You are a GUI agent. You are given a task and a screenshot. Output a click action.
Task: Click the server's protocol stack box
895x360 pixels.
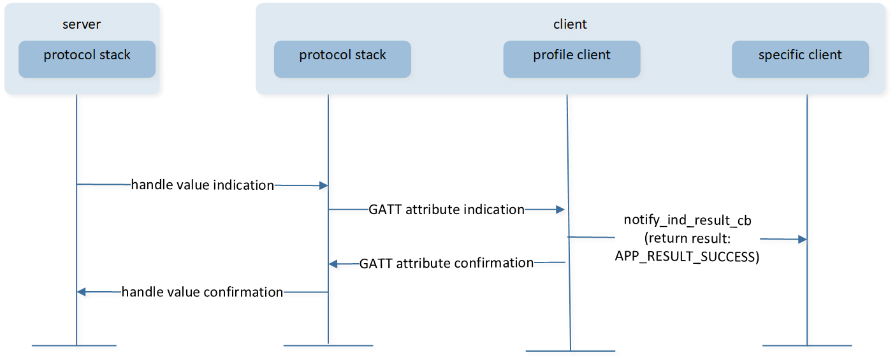[x=87, y=59]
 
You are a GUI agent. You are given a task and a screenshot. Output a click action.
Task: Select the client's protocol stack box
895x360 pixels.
[x=342, y=59]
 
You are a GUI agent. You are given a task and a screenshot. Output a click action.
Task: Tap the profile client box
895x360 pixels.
[x=572, y=59]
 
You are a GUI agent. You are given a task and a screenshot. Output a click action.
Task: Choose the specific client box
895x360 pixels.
[x=800, y=59]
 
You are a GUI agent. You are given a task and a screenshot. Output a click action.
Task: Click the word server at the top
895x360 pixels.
[x=82, y=24]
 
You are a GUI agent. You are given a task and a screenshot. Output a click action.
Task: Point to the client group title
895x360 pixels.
[x=570, y=24]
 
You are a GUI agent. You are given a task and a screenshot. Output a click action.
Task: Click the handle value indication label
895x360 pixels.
[x=203, y=185]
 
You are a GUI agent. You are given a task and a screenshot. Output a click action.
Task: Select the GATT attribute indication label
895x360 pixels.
[x=446, y=210]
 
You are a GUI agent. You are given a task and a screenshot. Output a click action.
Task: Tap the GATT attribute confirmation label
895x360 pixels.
[x=446, y=263]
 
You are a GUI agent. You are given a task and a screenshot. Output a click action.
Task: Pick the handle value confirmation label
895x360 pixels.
[x=202, y=292]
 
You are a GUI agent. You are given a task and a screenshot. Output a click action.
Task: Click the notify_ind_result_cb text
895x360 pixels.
[x=687, y=220]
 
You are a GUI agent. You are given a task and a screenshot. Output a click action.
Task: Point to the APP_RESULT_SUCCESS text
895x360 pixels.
[x=687, y=256]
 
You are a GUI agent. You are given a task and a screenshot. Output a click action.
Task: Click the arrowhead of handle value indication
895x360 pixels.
[x=324, y=185]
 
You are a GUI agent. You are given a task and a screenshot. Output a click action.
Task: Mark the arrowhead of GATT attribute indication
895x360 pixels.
[x=560, y=210]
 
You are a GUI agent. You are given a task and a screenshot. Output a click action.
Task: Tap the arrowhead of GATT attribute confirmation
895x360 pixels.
[x=333, y=264]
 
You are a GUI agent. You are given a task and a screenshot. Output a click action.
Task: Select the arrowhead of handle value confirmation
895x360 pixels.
[x=81, y=292]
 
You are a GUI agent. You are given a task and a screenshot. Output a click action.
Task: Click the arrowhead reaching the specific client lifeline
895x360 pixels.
[x=803, y=240]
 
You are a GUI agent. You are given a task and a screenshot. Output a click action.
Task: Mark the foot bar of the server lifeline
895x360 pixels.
[x=75, y=345]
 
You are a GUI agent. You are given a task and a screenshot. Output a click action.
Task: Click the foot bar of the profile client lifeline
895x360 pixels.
[x=571, y=351]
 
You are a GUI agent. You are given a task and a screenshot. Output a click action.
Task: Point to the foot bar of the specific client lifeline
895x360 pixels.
[x=807, y=345]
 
